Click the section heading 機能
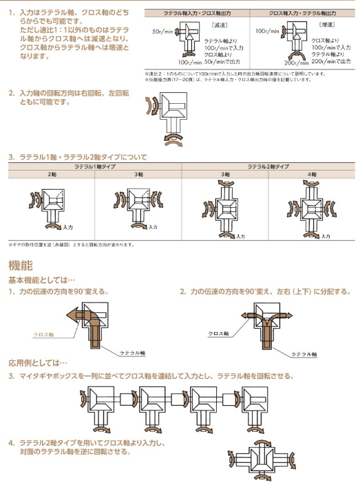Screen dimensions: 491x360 (x=20, y=265)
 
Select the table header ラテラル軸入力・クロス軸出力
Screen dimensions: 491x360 (x=196, y=13)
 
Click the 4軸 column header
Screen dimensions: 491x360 (x=311, y=175)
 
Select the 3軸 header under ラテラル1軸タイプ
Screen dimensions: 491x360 (x=138, y=175)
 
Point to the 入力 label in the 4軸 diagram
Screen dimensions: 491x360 (x=326, y=236)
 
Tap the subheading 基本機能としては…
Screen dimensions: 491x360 (x=41, y=281)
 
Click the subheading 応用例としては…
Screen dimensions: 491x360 (x=37, y=363)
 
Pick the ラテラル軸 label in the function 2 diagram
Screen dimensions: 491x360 (x=303, y=354)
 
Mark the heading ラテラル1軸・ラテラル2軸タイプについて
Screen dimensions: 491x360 (x=83, y=157)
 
